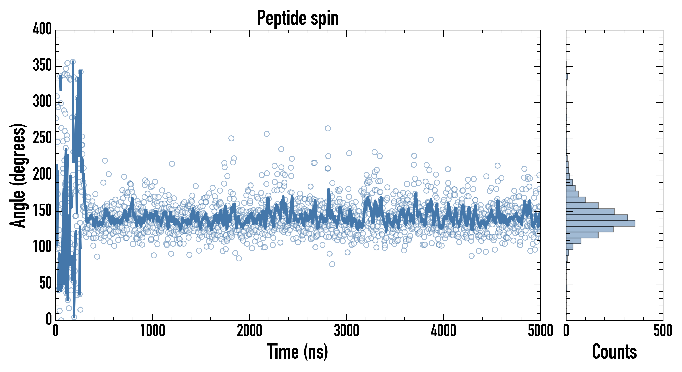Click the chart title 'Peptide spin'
[298, 18]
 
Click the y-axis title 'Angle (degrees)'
[18, 175]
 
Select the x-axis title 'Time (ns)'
[298, 352]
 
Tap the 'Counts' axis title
[614, 352]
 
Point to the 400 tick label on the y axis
[42, 29]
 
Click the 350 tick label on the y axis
[42, 65]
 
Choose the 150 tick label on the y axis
[42, 211]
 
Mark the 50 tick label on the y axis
[45, 283]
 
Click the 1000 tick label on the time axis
[153, 331]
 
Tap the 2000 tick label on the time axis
[249, 331]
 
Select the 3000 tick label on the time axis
[346, 331]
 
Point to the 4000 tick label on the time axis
[444, 331]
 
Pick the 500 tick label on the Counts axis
[663, 331]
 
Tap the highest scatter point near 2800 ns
[328, 128]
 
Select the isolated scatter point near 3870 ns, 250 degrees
[431, 140]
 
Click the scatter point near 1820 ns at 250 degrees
[231, 138]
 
